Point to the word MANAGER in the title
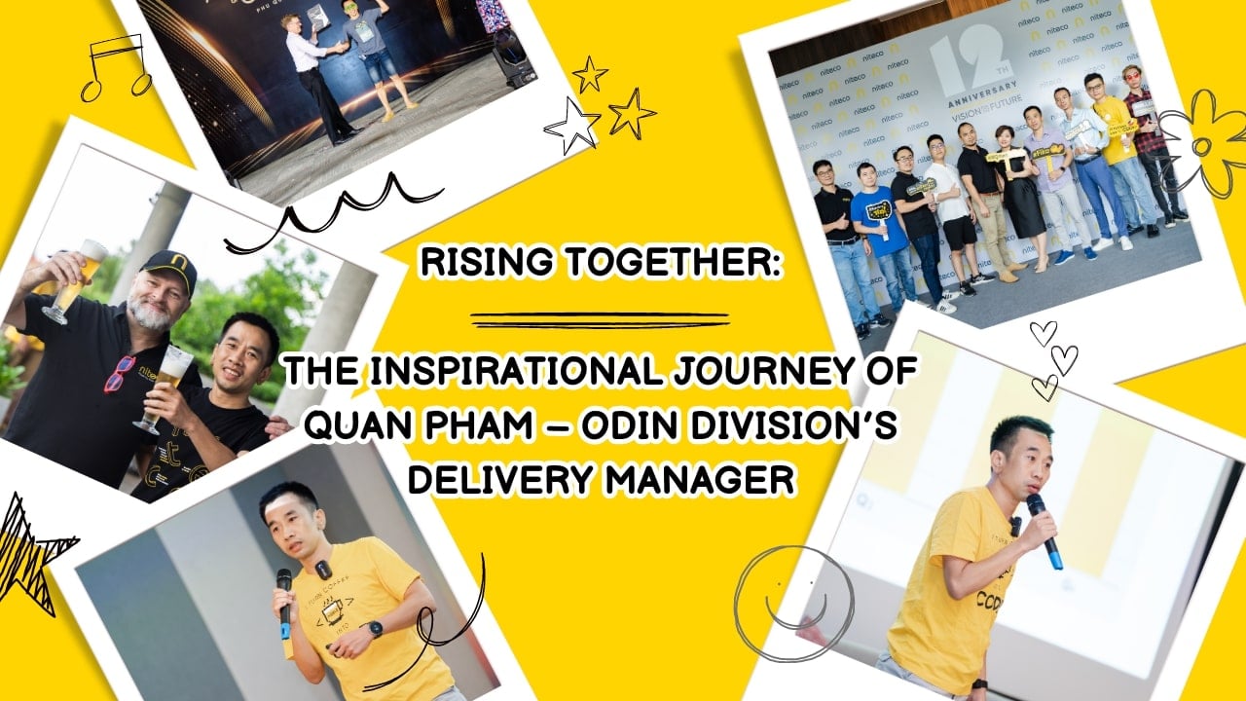pyautogui.click(x=700, y=479)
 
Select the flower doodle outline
pyautogui.click(x=1205, y=141)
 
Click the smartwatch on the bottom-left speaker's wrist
pyautogui.click(x=375, y=628)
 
